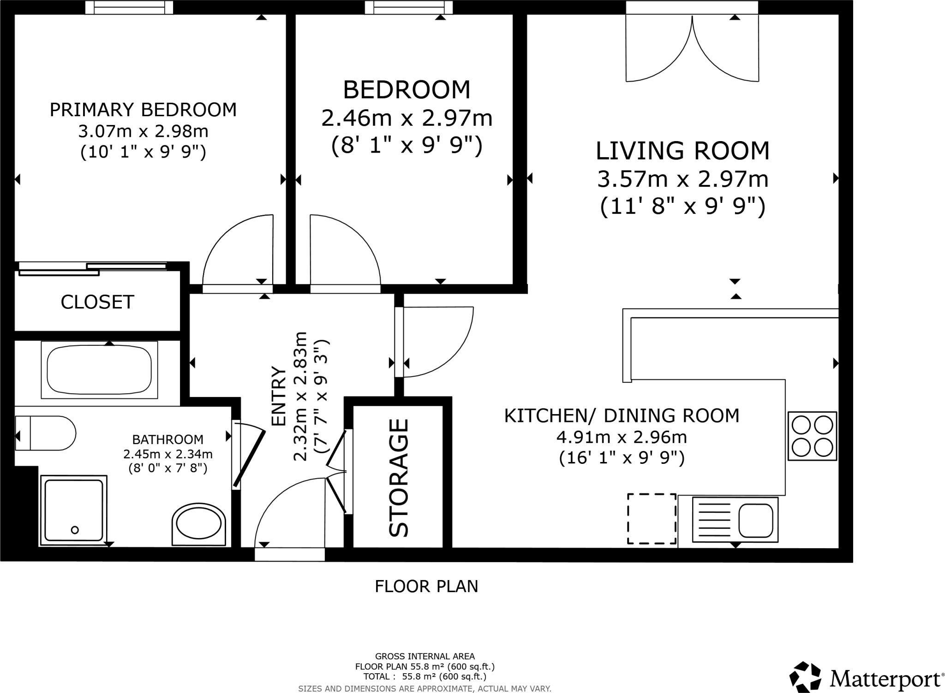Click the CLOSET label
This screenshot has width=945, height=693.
tap(97, 302)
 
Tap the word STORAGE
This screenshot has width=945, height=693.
tap(399, 478)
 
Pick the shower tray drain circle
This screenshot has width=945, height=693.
tap(75, 530)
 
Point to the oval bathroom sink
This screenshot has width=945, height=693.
tap(199, 523)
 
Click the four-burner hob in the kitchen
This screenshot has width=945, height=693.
tap(812, 436)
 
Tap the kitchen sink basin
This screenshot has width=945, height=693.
tap(756, 520)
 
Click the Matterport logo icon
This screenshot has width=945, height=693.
tap(805, 677)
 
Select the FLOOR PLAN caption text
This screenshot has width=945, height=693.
tap(426, 586)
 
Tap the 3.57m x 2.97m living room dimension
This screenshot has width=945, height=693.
tap(682, 179)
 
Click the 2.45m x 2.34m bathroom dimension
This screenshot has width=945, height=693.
tap(168, 454)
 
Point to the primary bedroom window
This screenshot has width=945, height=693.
tap(129, 7)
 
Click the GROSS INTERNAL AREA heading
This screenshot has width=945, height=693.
tap(425, 656)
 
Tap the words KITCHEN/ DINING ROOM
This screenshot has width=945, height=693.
tap(622, 415)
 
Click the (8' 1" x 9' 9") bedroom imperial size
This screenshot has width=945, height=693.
tap(407, 146)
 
